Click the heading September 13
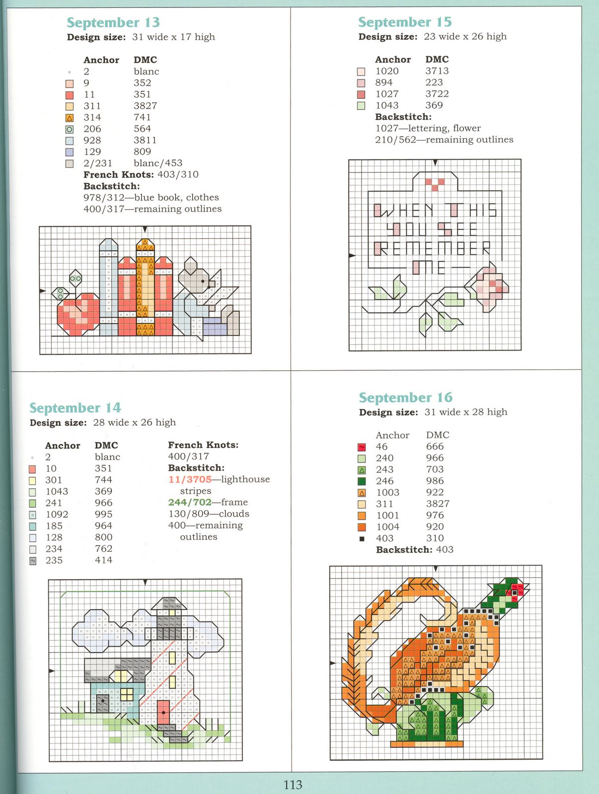113,22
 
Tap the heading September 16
405,397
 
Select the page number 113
293,785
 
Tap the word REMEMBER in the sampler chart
432,248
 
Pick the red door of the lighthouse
163,713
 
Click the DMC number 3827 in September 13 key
145,106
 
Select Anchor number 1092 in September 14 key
57,514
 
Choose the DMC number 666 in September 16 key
435,446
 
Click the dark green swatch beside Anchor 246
362,481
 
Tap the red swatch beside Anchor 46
362,447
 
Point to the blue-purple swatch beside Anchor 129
70,152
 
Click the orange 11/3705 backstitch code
190,479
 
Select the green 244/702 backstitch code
190,502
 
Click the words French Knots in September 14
203,445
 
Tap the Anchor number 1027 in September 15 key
386,94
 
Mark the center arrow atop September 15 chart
435,163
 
